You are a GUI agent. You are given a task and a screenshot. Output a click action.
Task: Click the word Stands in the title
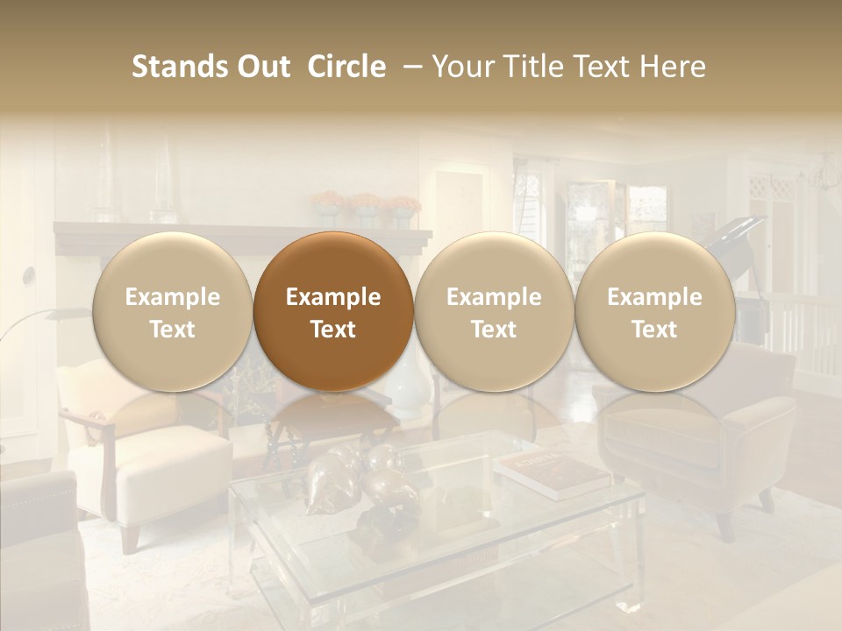tap(179, 67)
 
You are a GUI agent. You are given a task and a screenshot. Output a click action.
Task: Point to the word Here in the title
tap(673, 67)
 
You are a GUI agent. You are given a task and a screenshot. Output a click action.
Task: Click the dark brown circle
tap(333, 312)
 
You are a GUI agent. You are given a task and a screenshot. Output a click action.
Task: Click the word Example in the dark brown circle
tap(333, 297)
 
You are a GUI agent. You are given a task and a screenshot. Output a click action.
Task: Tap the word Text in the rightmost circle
tap(654, 330)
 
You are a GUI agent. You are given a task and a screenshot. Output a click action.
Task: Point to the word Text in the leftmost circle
tap(173, 330)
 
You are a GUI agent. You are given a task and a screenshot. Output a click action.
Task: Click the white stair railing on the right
tap(803, 337)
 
